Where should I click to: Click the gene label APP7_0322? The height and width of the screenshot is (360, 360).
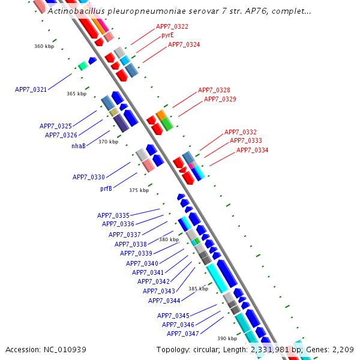pyautogui.click(x=172, y=26)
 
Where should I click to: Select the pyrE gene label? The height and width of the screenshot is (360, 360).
pyautogui.click(x=167, y=35)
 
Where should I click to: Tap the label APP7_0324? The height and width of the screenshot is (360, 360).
pyautogui.click(x=184, y=44)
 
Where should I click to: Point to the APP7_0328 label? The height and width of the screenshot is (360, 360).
pyautogui.click(x=214, y=90)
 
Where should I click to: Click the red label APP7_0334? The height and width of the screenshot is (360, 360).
pyautogui.click(x=252, y=150)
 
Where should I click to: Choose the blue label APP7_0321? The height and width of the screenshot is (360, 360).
pyautogui.click(x=31, y=89)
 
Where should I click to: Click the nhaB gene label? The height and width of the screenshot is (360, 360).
pyautogui.click(x=79, y=146)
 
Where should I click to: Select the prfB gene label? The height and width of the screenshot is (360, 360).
pyautogui.click(x=106, y=188)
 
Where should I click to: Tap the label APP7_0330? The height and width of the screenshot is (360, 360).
pyautogui.click(x=89, y=177)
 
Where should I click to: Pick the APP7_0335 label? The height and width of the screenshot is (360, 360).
pyautogui.click(x=113, y=215)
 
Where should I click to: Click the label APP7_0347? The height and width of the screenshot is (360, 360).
pyautogui.click(x=182, y=334)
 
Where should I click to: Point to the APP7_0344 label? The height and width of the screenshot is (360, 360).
pyautogui.click(x=164, y=301)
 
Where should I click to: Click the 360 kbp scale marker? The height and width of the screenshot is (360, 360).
pyautogui.click(x=44, y=46)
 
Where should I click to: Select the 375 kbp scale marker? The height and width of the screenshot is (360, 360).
pyautogui.click(x=139, y=190)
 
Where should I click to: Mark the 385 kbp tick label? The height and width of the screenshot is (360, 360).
pyautogui.click(x=198, y=289)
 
